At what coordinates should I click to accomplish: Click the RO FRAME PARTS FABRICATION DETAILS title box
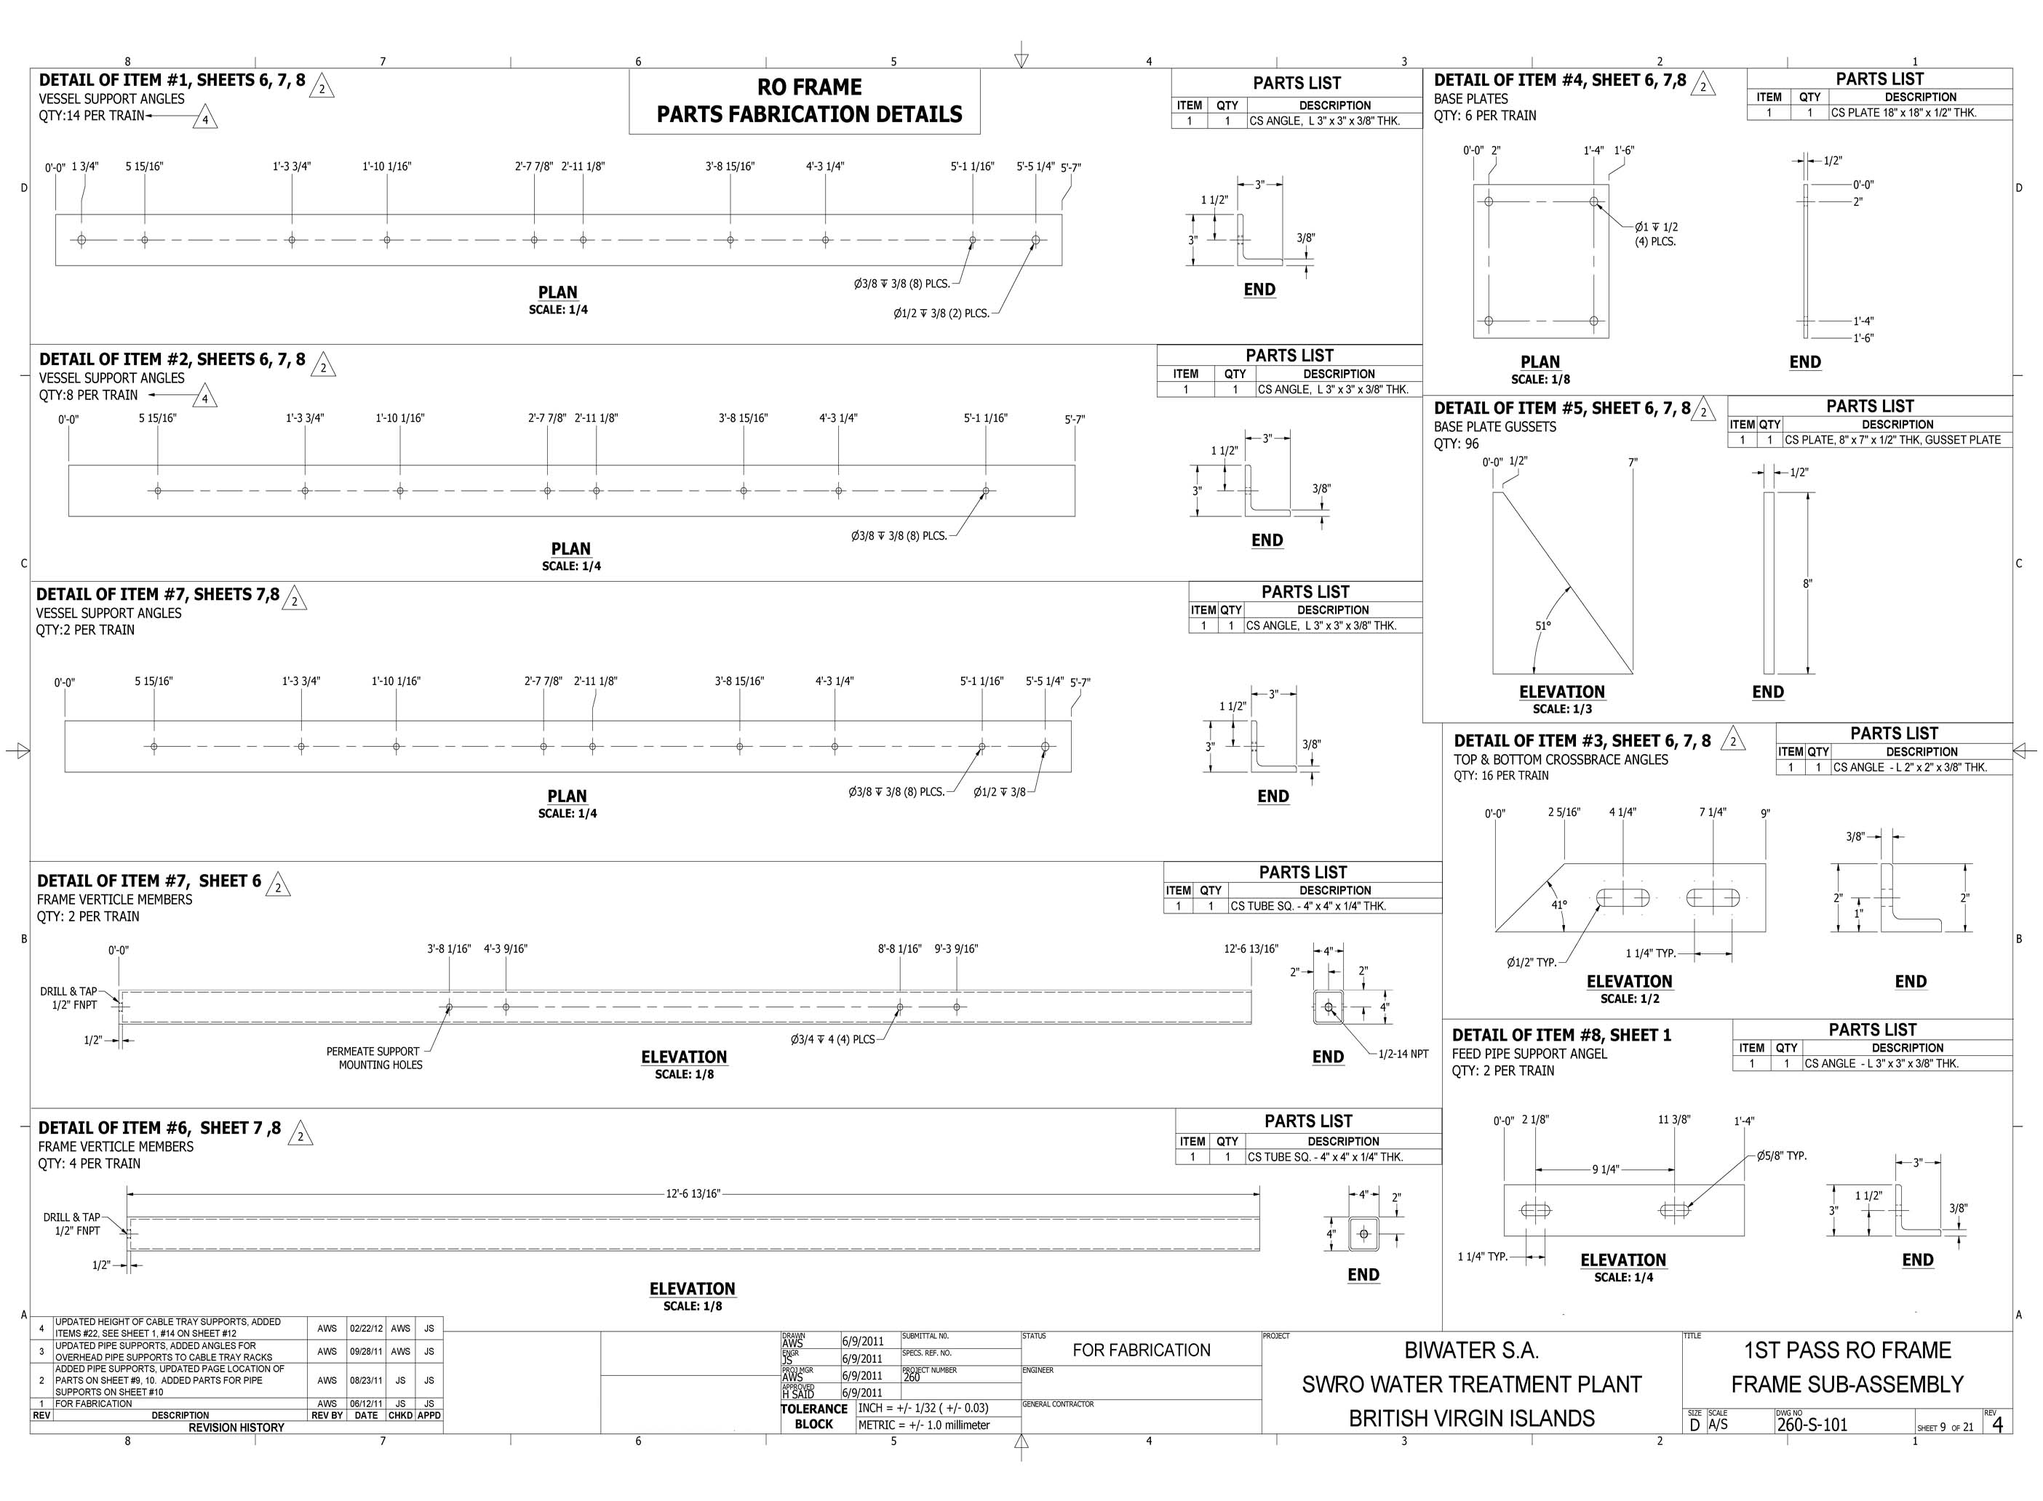[804, 101]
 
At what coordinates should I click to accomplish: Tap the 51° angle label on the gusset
[1543, 625]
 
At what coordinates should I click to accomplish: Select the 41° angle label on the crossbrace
[1559, 905]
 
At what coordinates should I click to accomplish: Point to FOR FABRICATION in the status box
[1142, 1350]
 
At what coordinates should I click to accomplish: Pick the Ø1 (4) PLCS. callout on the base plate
[1655, 234]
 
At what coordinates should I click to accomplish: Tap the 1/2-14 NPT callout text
[1403, 1054]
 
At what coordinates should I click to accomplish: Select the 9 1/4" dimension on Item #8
[1605, 1169]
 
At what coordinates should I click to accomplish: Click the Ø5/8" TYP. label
[1780, 1156]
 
